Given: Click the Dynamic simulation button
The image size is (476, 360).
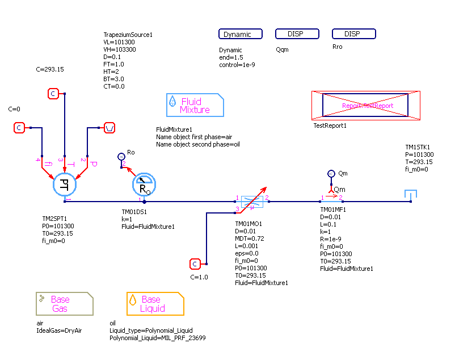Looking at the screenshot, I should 241,34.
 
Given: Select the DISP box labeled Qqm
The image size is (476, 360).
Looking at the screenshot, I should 296,34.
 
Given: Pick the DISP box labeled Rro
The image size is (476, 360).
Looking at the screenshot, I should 354,34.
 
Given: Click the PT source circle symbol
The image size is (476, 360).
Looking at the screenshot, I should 65,185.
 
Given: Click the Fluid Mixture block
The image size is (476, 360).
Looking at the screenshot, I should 195,105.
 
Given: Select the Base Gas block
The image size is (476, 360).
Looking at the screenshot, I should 65,304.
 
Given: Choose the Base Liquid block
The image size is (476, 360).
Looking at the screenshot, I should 155,304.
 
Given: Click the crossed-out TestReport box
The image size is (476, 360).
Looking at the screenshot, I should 366,106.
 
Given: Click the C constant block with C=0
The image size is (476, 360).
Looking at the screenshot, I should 19,128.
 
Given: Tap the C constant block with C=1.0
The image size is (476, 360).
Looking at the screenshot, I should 195,264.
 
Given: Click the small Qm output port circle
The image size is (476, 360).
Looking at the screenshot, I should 331,174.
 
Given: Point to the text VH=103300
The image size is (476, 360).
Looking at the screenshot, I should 119,49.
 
